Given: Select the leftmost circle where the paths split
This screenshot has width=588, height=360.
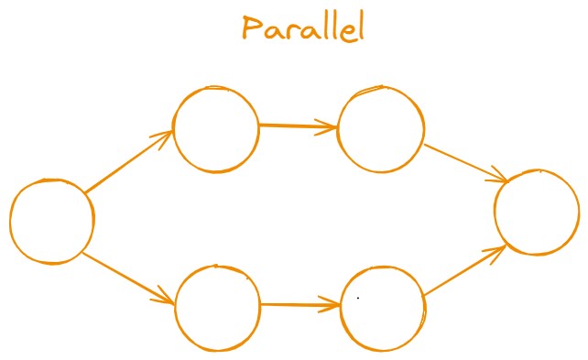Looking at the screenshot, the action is pos(52,221).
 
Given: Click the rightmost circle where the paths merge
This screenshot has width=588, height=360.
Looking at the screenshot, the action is pos(537,212).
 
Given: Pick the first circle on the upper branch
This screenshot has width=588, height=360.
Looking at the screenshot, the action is pos(216,129).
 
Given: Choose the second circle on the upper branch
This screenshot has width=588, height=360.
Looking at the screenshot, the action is pos(381,129).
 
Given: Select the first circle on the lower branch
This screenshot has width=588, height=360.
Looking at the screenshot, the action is pos(217,307).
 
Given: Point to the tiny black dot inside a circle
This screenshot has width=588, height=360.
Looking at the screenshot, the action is pos(357,298).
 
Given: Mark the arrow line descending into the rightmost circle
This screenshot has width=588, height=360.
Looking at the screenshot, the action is pos(463,161).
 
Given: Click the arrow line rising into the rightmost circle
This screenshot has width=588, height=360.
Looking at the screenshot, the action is pos(463,271).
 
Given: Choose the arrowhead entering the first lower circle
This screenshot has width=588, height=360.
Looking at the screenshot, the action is pos(167,299).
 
